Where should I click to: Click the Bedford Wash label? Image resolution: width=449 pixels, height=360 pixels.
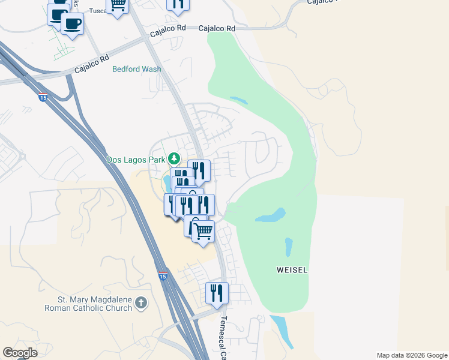point(136,69)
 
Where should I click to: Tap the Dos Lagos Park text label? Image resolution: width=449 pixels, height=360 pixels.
point(136,160)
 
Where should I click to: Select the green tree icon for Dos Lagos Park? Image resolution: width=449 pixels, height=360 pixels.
point(173,158)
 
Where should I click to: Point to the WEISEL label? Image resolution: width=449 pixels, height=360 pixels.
point(292,271)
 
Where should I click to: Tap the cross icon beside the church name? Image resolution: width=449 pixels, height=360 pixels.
point(140,303)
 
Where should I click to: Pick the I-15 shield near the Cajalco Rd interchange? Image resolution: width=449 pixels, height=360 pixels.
point(42,97)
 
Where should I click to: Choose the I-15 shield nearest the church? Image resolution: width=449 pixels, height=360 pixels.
point(163,276)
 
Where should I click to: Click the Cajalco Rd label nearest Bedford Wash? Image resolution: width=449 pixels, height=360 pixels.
point(92,65)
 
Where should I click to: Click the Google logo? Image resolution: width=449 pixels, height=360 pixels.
point(20,353)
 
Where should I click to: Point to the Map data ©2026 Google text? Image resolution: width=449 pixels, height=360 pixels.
point(411,355)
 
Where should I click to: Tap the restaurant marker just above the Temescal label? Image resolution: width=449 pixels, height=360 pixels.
point(217,292)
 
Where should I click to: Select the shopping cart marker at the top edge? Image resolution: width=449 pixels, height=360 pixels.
point(118,5)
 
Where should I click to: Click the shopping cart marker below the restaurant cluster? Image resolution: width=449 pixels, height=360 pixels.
point(203,230)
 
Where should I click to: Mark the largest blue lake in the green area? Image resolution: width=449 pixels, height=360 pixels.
point(270,215)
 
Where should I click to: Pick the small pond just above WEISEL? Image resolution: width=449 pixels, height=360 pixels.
point(289,245)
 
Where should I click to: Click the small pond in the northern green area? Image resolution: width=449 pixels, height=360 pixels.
point(238,100)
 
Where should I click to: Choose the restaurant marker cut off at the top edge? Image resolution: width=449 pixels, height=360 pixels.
point(178,4)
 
